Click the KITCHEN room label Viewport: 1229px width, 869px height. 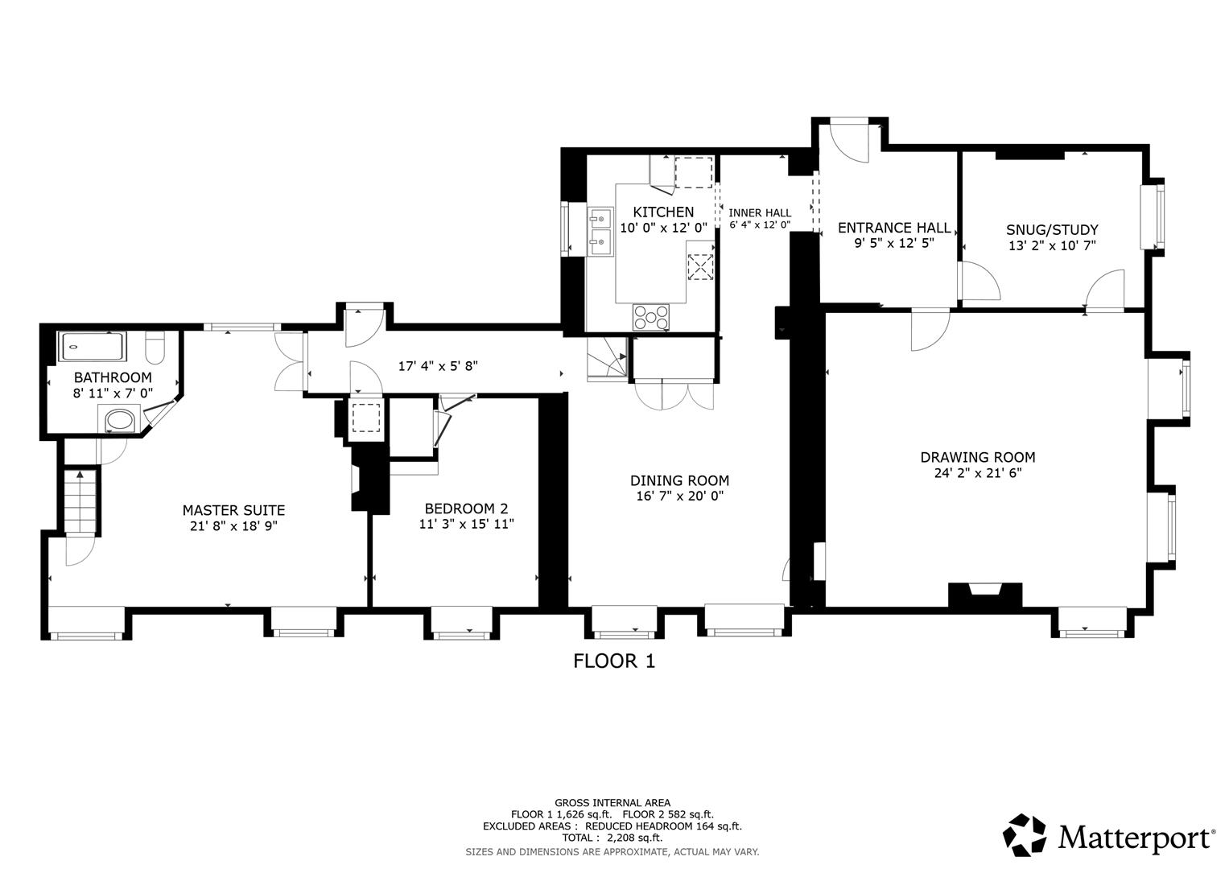click(662, 212)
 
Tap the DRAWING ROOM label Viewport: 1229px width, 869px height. click(977, 457)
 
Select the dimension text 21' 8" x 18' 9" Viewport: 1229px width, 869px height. click(233, 526)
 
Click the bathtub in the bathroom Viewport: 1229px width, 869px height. click(92, 347)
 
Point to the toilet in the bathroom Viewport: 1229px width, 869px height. click(155, 348)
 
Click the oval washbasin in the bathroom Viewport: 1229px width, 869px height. click(120, 419)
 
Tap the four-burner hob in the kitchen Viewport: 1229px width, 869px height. click(650, 316)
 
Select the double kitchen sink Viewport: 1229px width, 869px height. click(600, 229)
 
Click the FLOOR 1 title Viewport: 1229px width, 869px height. click(614, 661)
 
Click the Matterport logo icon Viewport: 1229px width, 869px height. click(1025, 834)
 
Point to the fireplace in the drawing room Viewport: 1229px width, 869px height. click(985, 595)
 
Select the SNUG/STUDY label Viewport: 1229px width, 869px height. click(1052, 229)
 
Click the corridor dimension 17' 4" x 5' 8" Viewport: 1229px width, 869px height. click(438, 366)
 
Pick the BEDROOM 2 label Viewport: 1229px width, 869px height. click(466, 509)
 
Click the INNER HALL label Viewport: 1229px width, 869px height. click(760, 212)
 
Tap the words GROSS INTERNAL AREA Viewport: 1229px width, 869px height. click(612, 802)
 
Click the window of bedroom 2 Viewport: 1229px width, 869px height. click(461, 623)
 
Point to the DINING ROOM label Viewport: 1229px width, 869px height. click(679, 480)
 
